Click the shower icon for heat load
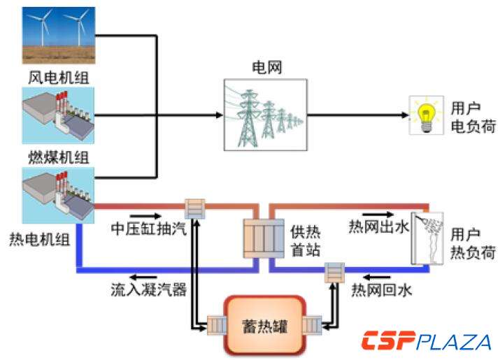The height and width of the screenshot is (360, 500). (x=427, y=238)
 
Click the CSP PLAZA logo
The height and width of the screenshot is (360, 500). (x=425, y=342)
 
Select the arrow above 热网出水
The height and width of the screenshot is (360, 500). (x=376, y=215)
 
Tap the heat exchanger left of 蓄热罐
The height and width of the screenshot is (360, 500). (x=213, y=325)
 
